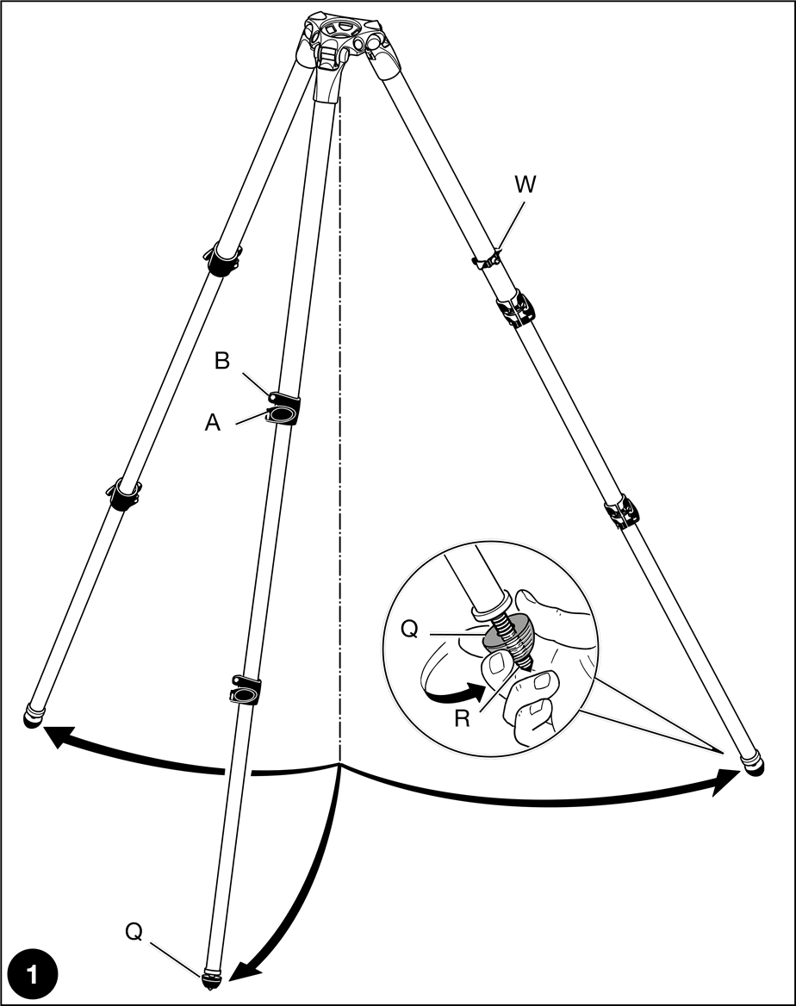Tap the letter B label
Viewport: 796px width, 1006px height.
[x=222, y=362]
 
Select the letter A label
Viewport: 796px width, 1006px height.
[x=212, y=423]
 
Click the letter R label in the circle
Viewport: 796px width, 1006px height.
[x=463, y=719]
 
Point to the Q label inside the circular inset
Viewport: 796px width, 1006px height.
[x=410, y=630]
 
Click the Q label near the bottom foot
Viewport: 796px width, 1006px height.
[x=134, y=931]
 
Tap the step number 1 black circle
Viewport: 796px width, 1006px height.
[x=32, y=975]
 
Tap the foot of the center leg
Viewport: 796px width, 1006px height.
[x=212, y=978]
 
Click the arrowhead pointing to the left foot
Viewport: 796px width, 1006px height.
[x=53, y=735]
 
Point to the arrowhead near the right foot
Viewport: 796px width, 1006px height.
[x=729, y=782]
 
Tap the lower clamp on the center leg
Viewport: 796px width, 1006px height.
[x=246, y=691]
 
